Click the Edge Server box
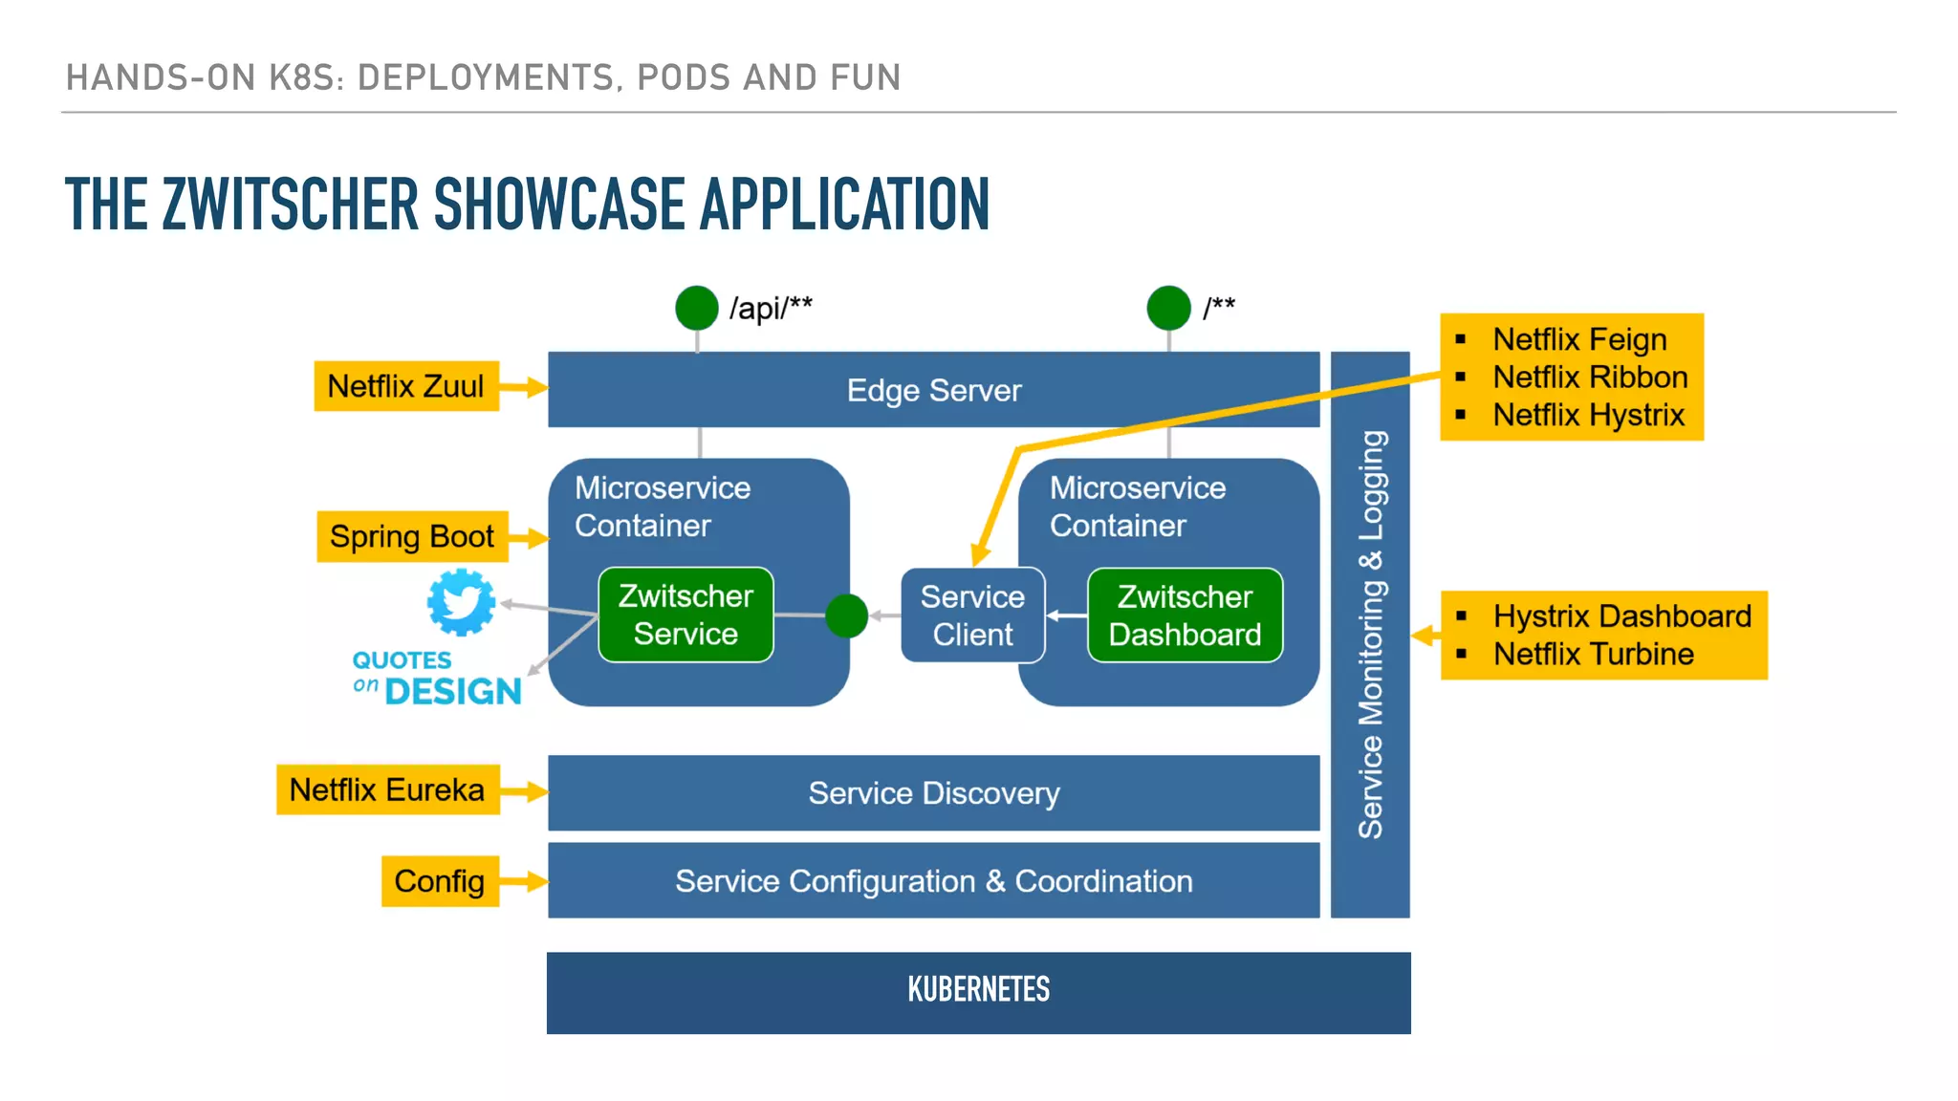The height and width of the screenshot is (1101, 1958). pos(933,390)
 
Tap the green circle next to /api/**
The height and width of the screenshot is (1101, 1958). pos(696,308)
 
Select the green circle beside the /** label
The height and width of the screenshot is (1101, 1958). pos(1168,308)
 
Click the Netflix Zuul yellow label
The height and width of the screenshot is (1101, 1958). pos(406,386)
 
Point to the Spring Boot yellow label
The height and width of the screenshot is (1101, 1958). pos(412,537)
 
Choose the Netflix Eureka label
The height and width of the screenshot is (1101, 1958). pos(387,789)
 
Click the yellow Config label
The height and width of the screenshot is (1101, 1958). pos(440,881)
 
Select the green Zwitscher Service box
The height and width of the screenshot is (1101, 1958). pos(685,615)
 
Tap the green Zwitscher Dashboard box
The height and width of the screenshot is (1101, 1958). pos(1185,615)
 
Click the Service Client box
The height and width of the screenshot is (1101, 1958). pos(972,615)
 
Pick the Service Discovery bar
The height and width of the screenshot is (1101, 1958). pos(933,793)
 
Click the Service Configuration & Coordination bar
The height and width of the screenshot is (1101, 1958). pos(933,881)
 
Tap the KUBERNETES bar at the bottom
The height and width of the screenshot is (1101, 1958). pos(978,992)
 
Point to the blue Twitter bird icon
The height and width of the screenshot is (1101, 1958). pos(461,602)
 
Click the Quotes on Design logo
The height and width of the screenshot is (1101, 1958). pos(437,679)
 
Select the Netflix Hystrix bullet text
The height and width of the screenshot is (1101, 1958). pos(1588,415)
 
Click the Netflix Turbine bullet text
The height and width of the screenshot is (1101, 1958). pos(1593,655)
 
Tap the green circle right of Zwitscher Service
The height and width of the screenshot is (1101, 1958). pos(846,615)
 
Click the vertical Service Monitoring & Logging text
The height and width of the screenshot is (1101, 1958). pos(1370,635)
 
